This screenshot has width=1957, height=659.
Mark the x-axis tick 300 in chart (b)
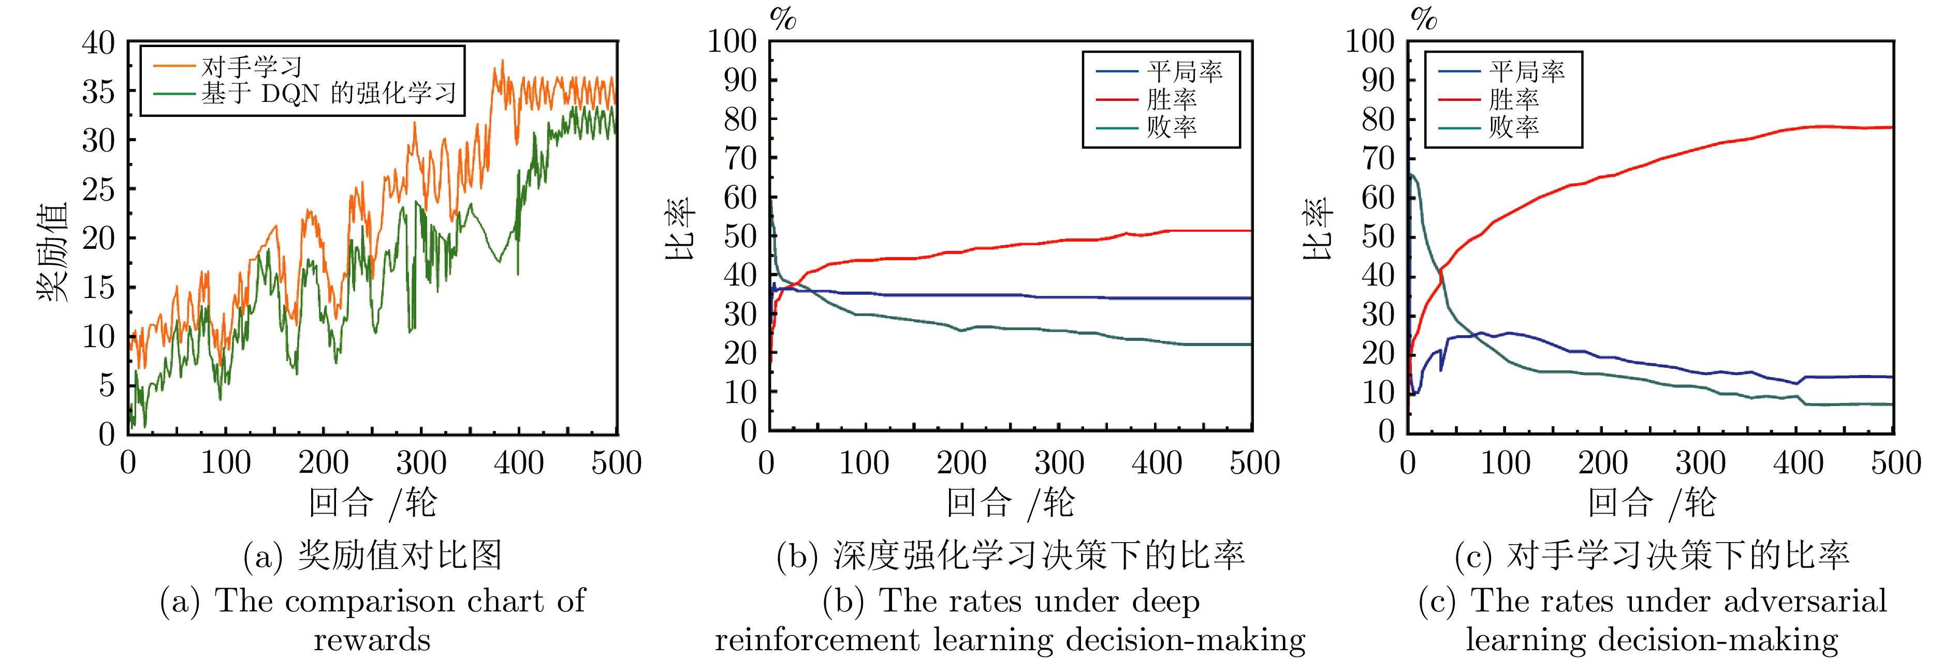coord(1059,462)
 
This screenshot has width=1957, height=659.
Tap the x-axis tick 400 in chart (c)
coord(1798,462)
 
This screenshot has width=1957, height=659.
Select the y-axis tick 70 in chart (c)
coord(1377,159)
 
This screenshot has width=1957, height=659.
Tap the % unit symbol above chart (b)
coord(782,18)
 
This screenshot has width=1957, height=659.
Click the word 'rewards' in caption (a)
coord(372,639)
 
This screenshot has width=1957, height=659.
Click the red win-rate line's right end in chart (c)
coord(1890,128)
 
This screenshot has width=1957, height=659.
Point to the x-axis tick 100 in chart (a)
coord(226,462)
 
